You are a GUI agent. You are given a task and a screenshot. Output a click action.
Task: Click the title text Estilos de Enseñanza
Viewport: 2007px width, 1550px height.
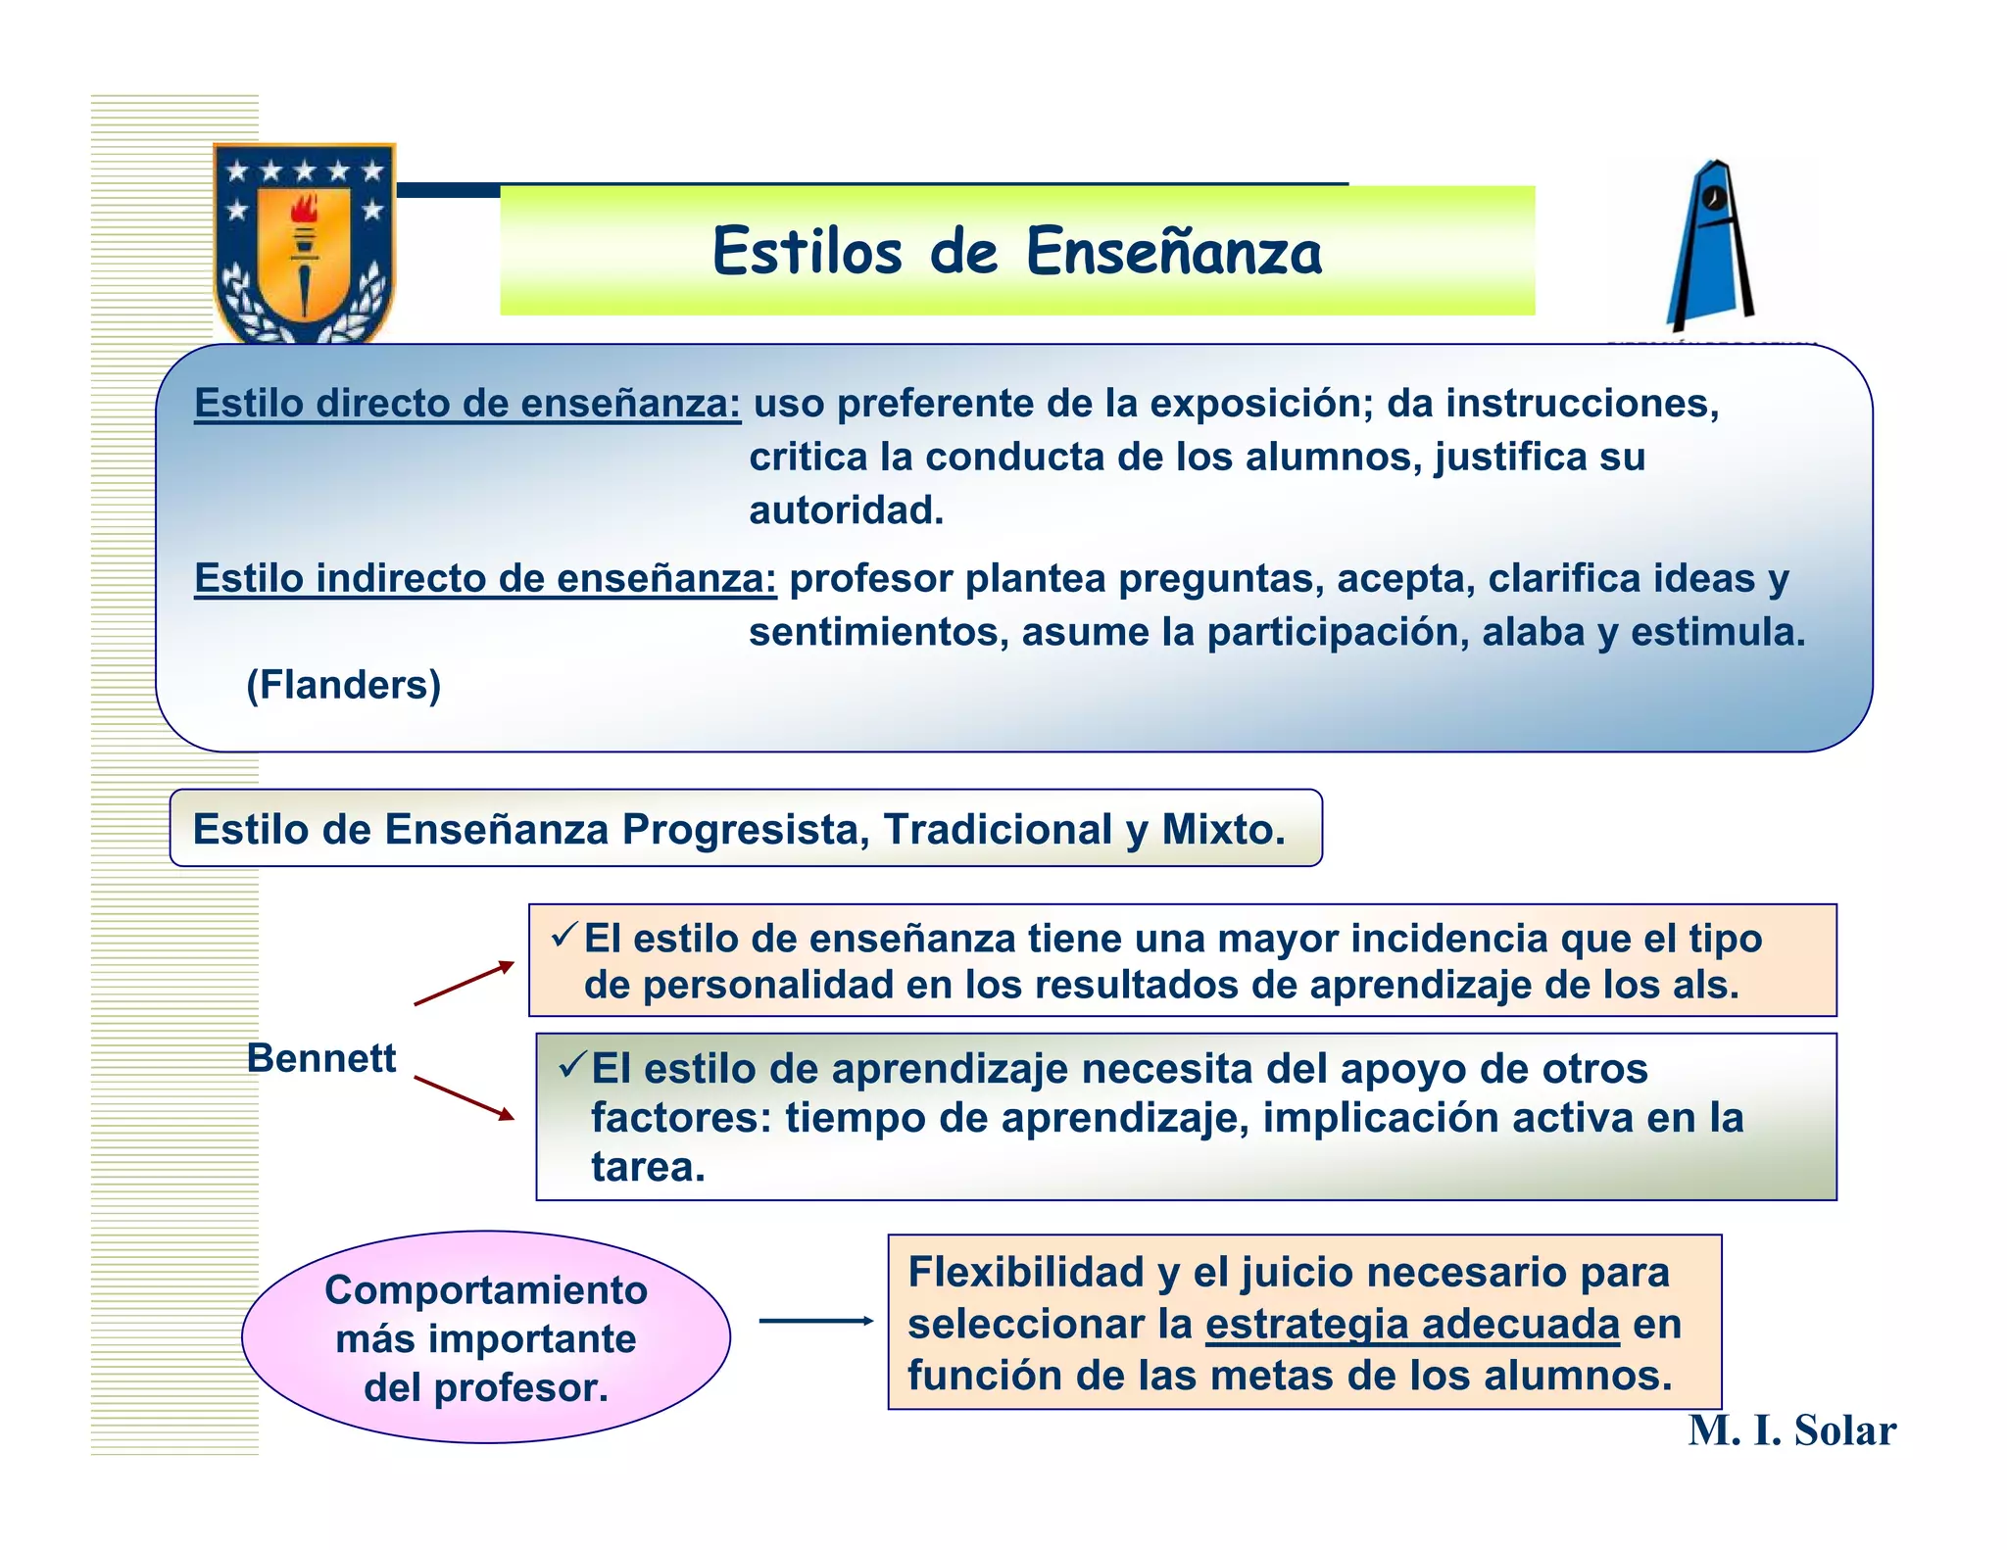(x=1016, y=252)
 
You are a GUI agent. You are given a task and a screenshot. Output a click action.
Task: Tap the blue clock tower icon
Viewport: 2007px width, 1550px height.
(x=1711, y=245)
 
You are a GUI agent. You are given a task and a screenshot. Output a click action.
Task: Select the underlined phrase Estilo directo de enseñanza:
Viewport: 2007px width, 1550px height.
(x=467, y=404)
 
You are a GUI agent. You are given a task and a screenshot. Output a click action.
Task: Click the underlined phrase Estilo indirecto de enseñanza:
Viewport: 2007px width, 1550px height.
(x=485, y=579)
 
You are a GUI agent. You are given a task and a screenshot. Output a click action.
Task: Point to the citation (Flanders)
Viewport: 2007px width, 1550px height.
(x=343, y=685)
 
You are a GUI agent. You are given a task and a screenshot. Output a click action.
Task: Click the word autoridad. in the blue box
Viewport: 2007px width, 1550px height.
(x=846, y=510)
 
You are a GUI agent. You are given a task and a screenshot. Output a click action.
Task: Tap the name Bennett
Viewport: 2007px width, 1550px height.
(x=321, y=1058)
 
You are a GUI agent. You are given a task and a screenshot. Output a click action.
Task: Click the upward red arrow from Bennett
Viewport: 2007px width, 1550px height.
(x=464, y=984)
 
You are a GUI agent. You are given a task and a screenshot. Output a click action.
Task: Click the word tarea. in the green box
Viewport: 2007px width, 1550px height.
(x=648, y=1167)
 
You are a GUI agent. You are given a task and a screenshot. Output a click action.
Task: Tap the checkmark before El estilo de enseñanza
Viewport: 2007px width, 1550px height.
(x=564, y=936)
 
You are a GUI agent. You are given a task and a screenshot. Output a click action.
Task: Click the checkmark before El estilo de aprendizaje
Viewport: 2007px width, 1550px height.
(x=571, y=1064)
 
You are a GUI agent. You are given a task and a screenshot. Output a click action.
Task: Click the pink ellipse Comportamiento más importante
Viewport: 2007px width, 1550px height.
(x=486, y=1337)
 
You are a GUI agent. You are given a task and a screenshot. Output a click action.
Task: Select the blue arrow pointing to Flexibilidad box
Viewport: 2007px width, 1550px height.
(x=815, y=1321)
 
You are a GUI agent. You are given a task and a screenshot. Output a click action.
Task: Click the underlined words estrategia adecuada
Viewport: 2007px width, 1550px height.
(x=1412, y=1325)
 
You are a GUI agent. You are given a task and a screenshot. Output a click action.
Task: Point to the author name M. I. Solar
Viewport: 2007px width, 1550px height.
(x=1791, y=1430)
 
